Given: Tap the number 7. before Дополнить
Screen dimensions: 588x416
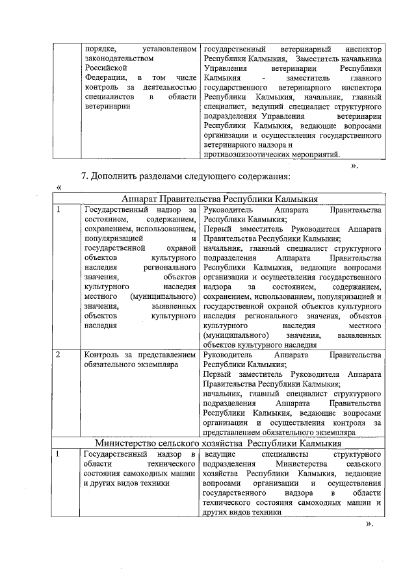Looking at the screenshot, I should (84, 176).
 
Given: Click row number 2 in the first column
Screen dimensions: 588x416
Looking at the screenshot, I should (58, 355).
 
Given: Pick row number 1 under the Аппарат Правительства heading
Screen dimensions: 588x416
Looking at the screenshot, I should (58, 210).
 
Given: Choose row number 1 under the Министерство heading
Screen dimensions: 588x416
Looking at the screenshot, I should (58, 453).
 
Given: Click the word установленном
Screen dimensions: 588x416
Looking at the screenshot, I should (168, 49).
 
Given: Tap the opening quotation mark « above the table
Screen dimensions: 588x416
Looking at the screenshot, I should (59, 187).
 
